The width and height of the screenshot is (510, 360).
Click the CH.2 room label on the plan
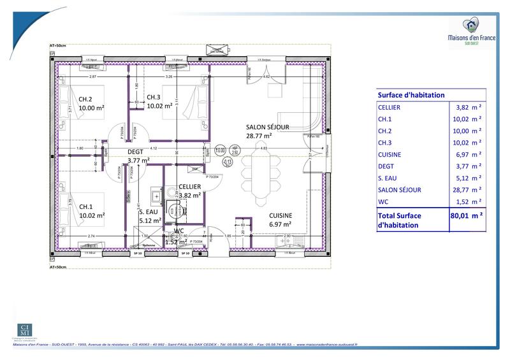click(85, 99)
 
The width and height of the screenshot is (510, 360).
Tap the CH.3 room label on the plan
click(154, 97)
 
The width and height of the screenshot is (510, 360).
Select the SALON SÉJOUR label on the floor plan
click(268, 127)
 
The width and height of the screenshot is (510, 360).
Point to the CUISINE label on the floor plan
click(280, 215)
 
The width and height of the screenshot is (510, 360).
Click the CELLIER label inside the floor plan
click(190, 186)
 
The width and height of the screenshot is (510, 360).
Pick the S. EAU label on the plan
click(149, 212)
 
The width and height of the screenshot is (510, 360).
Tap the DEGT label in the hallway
click(136, 152)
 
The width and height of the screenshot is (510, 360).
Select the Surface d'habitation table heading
click(411, 94)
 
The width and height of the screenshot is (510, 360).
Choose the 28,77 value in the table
click(460, 189)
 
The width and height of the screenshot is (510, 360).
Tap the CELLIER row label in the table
click(389, 108)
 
